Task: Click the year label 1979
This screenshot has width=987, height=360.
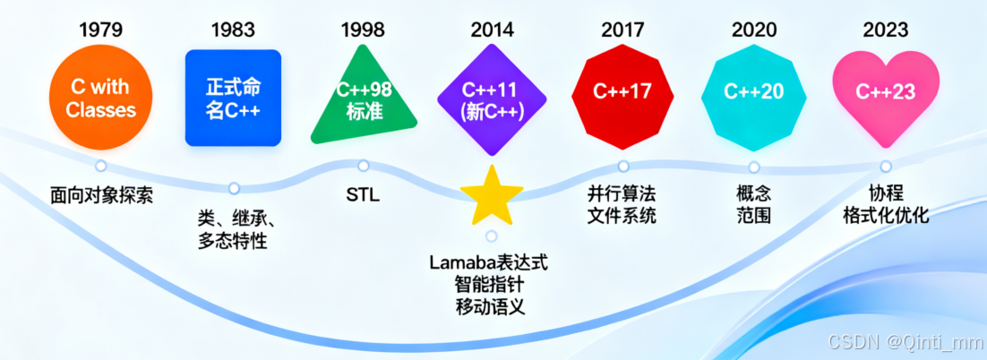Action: click(101, 30)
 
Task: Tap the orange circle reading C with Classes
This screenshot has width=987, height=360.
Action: click(101, 99)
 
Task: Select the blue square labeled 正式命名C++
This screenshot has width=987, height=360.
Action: click(233, 99)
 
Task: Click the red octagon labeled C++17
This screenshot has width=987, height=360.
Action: click(622, 92)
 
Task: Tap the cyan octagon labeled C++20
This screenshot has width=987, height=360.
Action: click(753, 92)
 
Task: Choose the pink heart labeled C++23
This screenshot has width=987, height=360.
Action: click(885, 92)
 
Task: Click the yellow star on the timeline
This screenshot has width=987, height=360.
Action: click(491, 197)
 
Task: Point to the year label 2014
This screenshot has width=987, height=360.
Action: click(493, 30)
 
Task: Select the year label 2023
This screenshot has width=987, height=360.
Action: click(885, 30)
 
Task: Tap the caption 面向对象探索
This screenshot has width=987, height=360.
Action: click(101, 194)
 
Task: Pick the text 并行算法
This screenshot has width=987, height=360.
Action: click(622, 194)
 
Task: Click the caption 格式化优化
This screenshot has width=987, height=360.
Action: click(886, 216)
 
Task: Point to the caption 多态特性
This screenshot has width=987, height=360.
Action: click(232, 241)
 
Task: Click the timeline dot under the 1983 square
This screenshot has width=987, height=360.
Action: click(234, 188)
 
